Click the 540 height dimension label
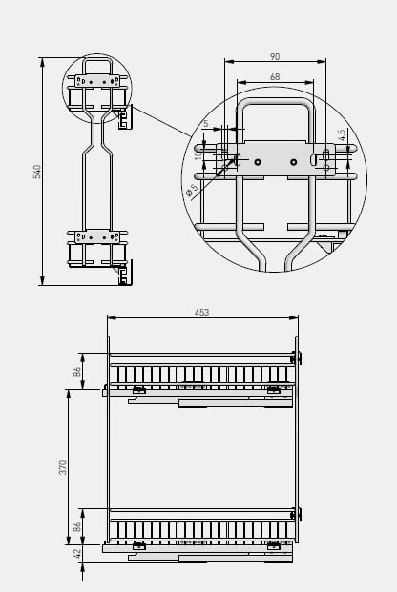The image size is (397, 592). [x=37, y=172]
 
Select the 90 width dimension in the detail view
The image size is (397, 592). [x=275, y=57]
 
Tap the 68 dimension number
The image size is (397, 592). [x=275, y=77]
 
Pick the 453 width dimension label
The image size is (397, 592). [x=201, y=312]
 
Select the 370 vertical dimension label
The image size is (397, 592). [x=63, y=467]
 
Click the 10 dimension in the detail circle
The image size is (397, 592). [x=198, y=154]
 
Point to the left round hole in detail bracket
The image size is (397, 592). [x=258, y=162]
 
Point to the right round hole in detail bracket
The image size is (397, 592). [x=293, y=162]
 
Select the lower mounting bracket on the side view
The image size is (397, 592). [x=98, y=235]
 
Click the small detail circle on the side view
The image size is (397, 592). [x=97, y=89]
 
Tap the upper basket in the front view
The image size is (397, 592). [x=201, y=372]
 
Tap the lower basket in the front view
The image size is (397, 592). [x=201, y=527]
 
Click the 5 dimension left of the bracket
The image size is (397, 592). [x=205, y=123]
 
